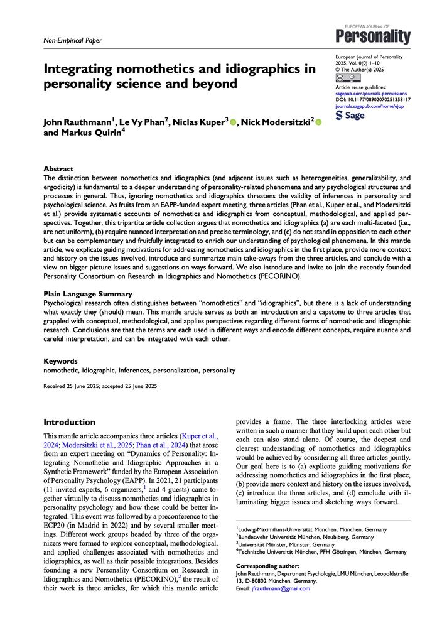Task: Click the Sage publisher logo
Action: (350, 116)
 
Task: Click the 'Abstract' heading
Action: (58, 170)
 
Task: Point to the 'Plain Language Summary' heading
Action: (87, 294)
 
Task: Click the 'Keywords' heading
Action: (62, 361)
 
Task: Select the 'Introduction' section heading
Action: (69, 422)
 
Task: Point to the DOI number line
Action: (373, 100)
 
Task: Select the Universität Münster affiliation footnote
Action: (285, 545)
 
